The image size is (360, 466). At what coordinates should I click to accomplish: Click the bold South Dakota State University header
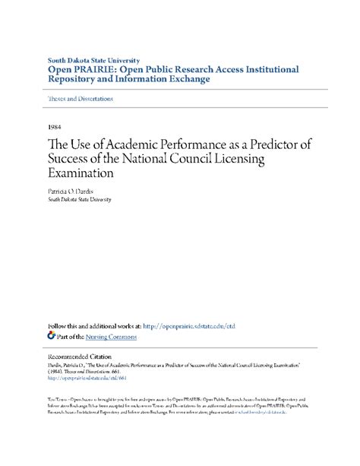(94, 59)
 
